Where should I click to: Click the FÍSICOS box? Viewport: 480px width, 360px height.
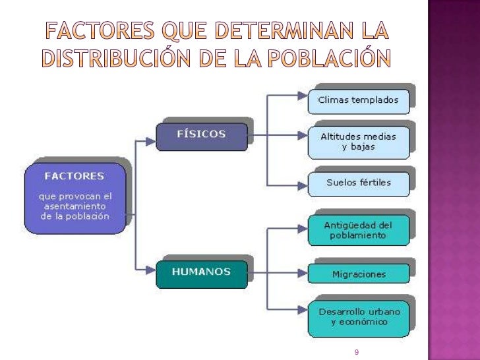click(x=201, y=135)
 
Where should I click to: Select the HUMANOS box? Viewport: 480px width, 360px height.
click(x=201, y=272)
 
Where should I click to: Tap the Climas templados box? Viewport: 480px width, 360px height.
click(x=358, y=100)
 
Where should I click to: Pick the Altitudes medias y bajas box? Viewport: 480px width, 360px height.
click(x=358, y=141)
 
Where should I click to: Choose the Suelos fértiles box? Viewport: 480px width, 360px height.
click(x=358, y=183)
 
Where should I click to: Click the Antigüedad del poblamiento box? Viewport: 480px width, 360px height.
click(x=358, y=229)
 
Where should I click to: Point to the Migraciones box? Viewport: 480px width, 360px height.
click(x=358, y=274)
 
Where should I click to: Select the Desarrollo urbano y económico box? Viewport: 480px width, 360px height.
click(x=358, y=317)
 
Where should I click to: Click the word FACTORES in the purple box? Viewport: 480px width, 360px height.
click(x=74, y=176)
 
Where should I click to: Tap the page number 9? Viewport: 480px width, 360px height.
click(x=356, y=353)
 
